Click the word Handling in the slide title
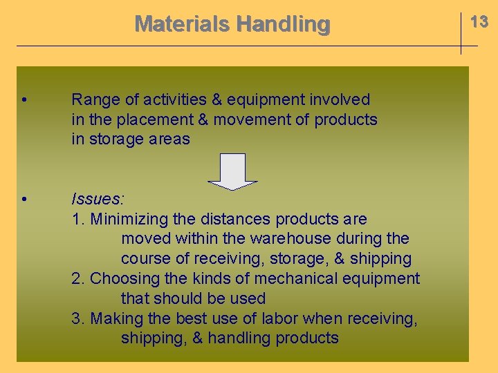(x=283, y=23)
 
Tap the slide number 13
(x=479, y=21)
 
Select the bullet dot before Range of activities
(x=24, y=100)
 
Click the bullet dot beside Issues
(x=24, y=200)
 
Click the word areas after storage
(x=170, y=139)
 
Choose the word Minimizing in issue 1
(x=129, y=219)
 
